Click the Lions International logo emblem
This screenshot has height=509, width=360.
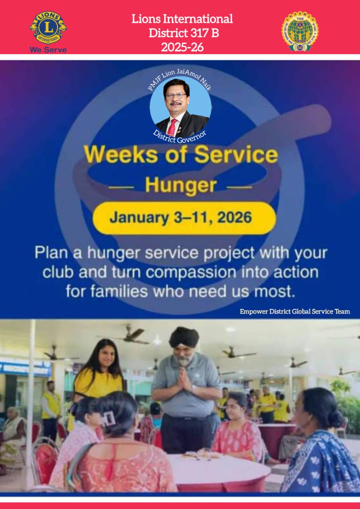(x=48, y=27)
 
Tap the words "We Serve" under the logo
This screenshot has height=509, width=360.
(x=48, y=50)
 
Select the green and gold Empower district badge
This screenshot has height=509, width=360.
(x=300, y=31)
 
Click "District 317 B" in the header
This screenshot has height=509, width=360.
(x=183, y=33)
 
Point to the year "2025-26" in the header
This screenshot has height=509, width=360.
(x=182, y=47)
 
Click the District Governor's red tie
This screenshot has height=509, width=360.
(x=172, y=127)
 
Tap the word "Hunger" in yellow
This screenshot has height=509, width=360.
(x=181, y=186)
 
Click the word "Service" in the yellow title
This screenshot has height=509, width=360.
(x=245, y=155)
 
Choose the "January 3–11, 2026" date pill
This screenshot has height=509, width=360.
(x=184, y=218)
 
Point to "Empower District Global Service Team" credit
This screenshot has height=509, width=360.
(x=295, y=311)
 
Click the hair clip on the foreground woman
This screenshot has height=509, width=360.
(x=109, y=418)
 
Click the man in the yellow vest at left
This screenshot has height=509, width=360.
(x=51, y=406)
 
